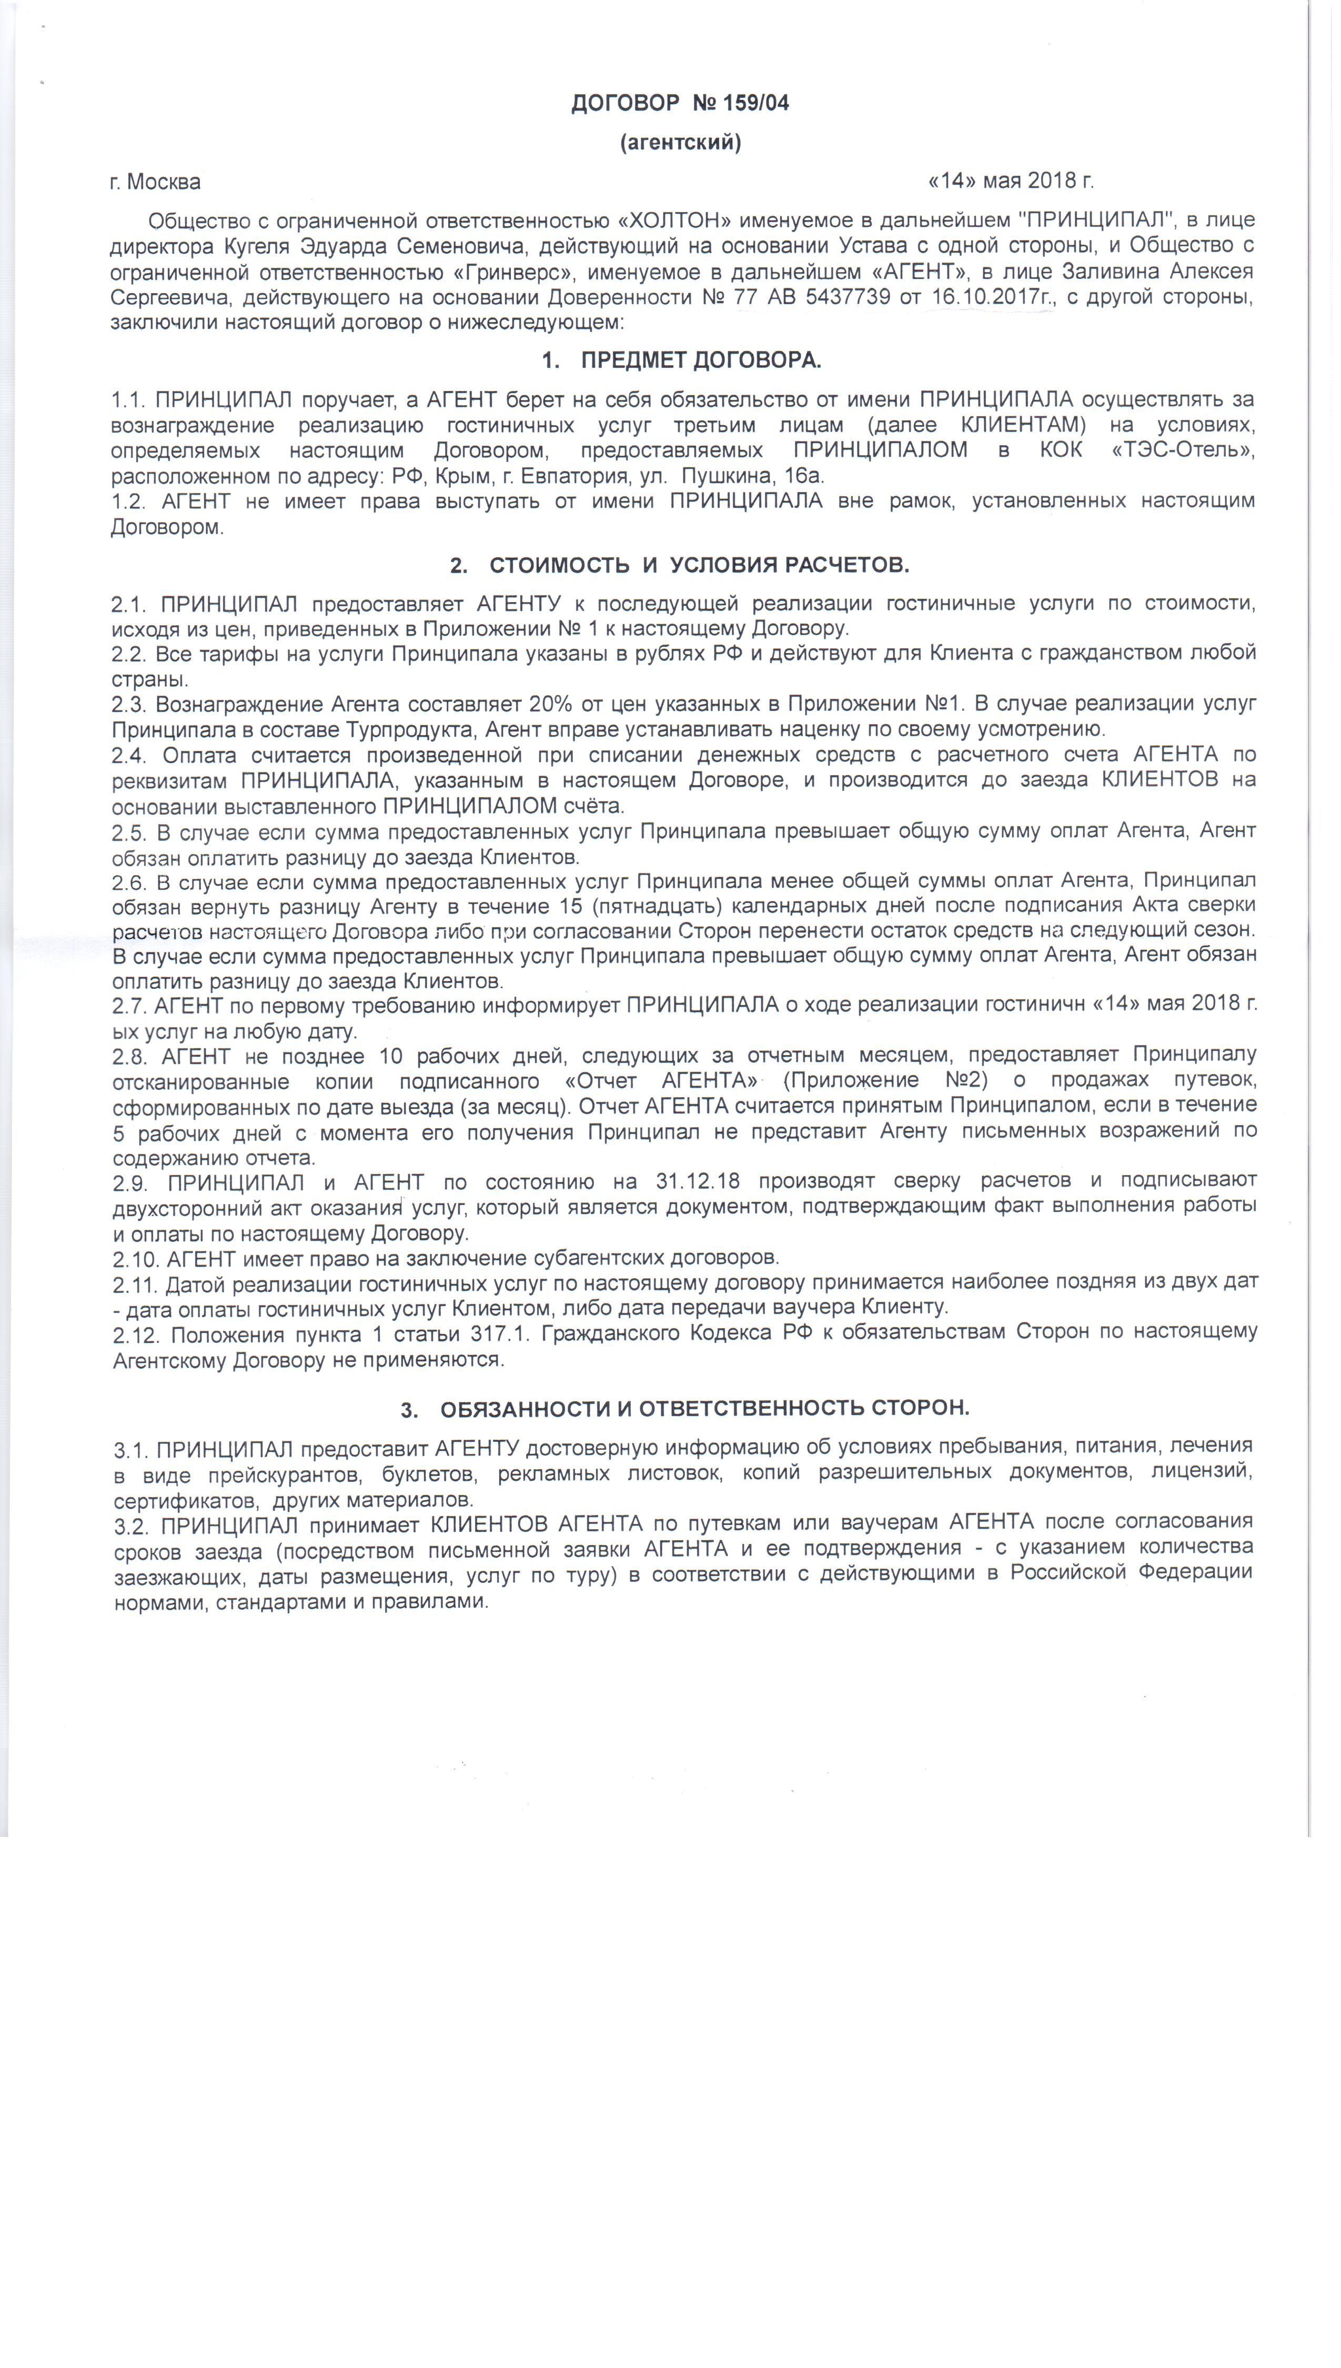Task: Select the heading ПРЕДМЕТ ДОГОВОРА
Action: pyautogui.click(x=700, y=359)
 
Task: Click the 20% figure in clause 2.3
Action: pyautogui.click(x=551, y=705)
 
